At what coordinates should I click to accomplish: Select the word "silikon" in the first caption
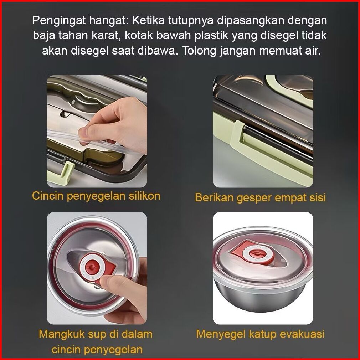pos(144,196)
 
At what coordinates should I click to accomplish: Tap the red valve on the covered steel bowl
pos(257,253)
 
